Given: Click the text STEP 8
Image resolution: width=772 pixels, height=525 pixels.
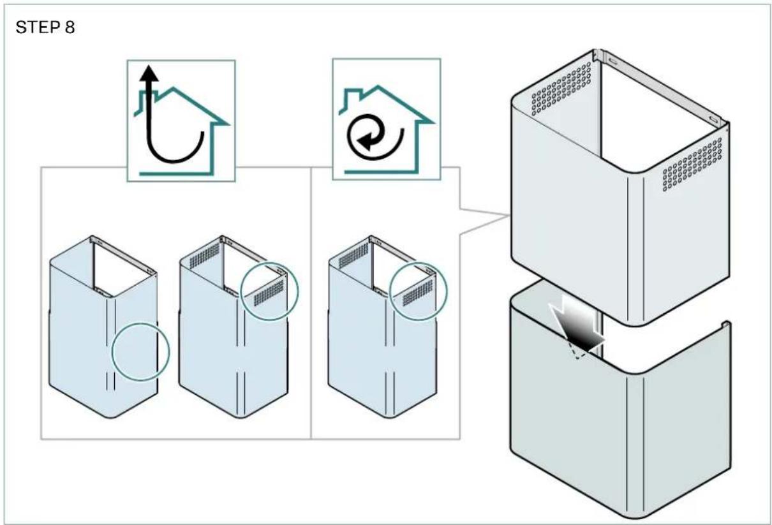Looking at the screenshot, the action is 45,27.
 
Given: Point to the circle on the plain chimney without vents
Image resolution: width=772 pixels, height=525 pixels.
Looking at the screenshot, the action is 112,351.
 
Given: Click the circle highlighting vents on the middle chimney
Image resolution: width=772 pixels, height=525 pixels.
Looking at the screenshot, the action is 241,292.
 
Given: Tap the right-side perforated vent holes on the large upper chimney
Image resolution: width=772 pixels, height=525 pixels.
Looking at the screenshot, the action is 692,165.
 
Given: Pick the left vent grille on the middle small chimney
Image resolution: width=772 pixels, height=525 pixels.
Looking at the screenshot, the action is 204,256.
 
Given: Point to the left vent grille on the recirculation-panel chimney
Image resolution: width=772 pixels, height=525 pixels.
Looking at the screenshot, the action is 353,256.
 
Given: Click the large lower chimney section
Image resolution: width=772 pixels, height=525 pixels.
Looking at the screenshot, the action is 620,399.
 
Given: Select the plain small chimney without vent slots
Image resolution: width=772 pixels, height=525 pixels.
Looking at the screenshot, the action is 103,327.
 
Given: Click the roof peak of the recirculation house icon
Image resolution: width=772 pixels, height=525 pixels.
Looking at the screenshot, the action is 378,86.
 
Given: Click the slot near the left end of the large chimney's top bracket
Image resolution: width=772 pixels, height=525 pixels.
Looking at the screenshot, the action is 613,60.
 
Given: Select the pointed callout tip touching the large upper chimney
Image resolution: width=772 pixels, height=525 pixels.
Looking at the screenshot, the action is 508,216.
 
